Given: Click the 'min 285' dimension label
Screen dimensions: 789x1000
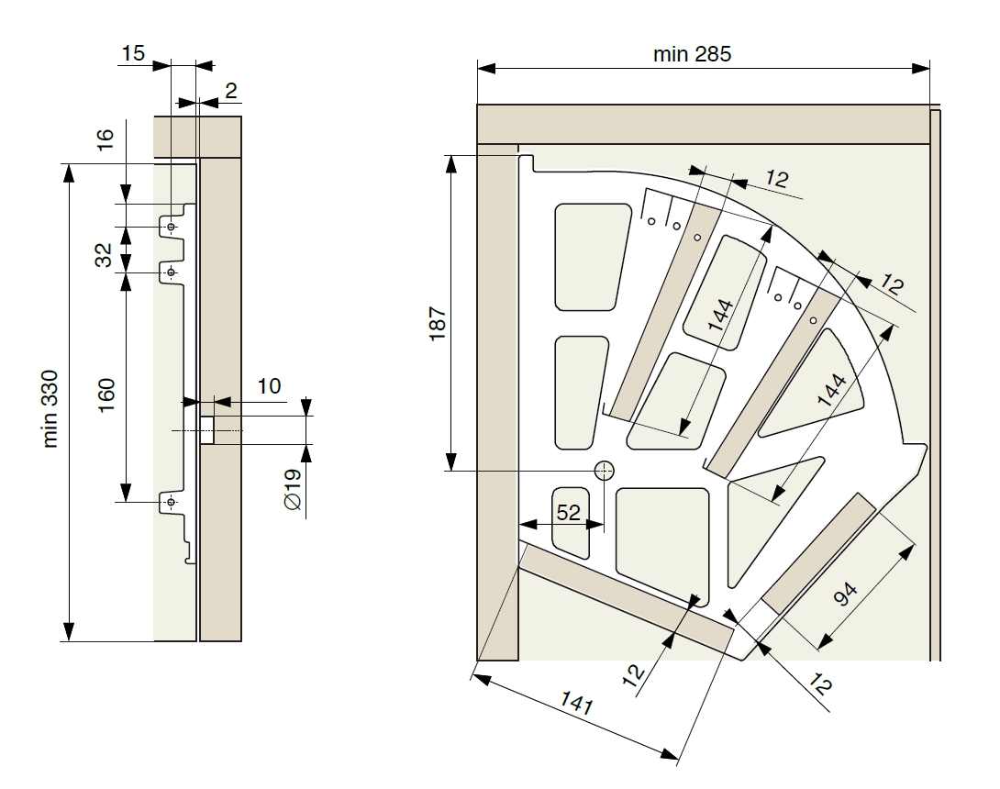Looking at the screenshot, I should [x=692, y=54].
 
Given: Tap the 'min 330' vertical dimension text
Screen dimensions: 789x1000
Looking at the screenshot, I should [x=51, y=408].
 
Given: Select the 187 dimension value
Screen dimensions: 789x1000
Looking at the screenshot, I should [x=437, y=325].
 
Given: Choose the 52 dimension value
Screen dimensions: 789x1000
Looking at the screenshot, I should [x=569, y=513].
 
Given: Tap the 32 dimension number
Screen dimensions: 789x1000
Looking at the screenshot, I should [x=106, y=254].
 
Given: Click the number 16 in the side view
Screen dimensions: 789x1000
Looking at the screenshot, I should [x=106, y=139].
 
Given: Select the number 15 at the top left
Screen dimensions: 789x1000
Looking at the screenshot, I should [x=133, y=53].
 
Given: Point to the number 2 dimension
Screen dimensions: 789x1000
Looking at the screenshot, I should [x=230, y=91].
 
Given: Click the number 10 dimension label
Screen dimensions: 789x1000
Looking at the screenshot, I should [x=269, y=385].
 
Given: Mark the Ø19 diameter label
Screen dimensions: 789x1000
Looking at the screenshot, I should [x=292, y=488].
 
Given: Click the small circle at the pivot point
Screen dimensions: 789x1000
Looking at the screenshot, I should [x=604, y=471].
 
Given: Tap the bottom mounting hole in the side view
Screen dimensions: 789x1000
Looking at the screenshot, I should [x=172, y=502].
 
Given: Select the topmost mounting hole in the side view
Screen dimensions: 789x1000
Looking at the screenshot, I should [x=172, y=226].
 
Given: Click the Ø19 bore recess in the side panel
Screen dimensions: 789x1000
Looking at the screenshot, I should [x=207, y=430].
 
